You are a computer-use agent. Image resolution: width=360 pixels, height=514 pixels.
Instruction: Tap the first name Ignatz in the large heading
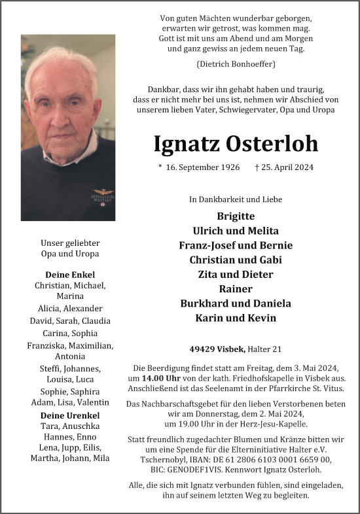click(x=186, y=143)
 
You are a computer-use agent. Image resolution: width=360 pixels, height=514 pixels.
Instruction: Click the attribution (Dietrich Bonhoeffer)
click(x=235, y=64)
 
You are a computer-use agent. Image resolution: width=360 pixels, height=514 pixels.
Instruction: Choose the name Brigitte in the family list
click(x=235, y=216)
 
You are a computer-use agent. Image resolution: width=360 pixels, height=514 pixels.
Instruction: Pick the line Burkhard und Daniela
click(x=235, y=303)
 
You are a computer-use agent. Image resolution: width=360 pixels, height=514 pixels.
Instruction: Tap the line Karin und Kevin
click(x=235, y=318)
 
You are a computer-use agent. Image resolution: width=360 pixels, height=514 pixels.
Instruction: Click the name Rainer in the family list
click(x=235, y=288)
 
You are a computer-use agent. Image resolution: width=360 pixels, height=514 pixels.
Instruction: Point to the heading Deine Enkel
click(x=70, y=274)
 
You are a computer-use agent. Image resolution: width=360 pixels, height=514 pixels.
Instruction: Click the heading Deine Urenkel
click(x=70, y=415)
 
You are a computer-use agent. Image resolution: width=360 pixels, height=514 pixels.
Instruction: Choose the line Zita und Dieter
click(x=235, y=274)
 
